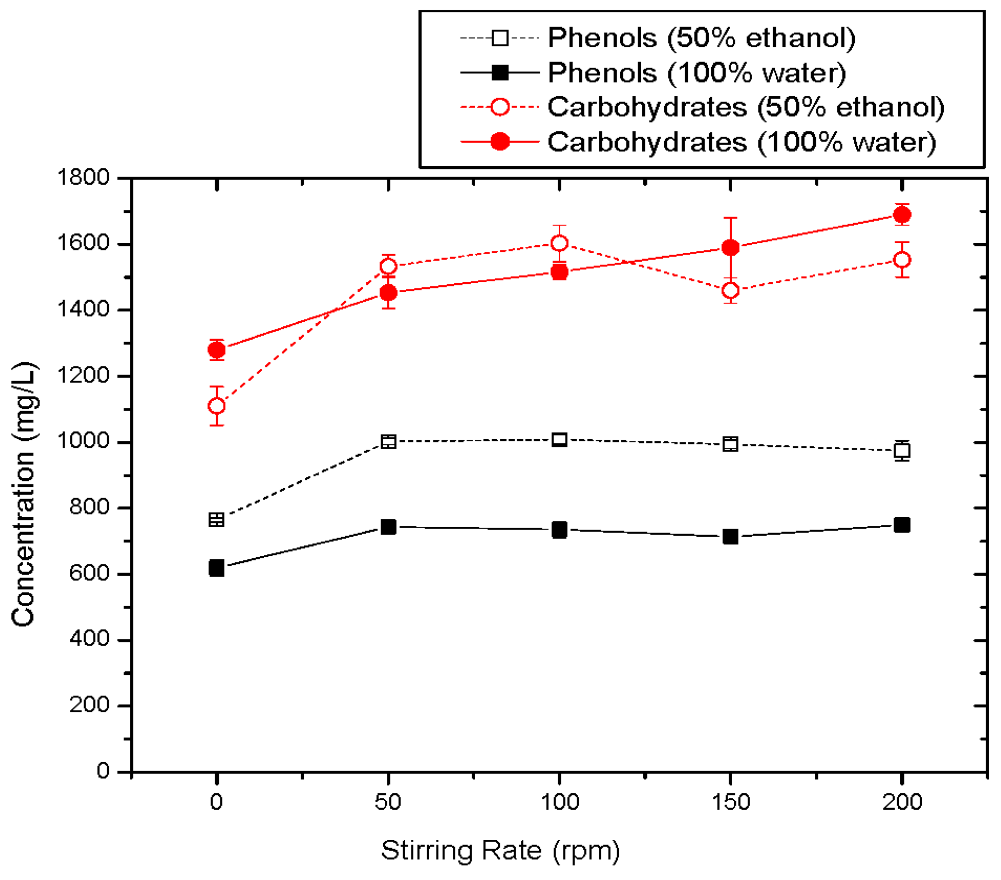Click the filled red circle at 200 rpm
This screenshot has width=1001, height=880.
pos(901,214)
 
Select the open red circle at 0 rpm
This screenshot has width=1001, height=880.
pos(217,406)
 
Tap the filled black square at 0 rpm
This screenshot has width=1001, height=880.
pos(217,568)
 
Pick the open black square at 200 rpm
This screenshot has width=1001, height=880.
pos(901,451)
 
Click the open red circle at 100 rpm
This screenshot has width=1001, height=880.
pos(559,243)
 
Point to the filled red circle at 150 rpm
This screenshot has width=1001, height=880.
pos(730,248)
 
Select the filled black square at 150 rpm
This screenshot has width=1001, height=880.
pos(730,537)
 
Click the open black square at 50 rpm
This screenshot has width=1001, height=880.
pos(388,441)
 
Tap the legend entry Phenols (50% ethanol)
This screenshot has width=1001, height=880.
pos(701,37)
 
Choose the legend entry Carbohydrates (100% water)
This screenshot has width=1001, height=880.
pos(741,142)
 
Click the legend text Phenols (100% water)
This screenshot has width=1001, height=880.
pos(696,72)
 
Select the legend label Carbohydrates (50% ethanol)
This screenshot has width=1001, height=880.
pos(745,107)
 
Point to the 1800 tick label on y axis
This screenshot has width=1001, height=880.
pos(83,178)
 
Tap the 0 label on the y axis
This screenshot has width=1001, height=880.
pos(103,771)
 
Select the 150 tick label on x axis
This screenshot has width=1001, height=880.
pos(730,801)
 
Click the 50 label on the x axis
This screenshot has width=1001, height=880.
pos(388,801)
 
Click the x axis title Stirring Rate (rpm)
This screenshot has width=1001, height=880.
pos(500,851)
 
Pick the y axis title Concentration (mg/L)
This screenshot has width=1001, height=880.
pos(24,494)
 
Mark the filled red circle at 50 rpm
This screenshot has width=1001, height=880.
pos(388,292)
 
